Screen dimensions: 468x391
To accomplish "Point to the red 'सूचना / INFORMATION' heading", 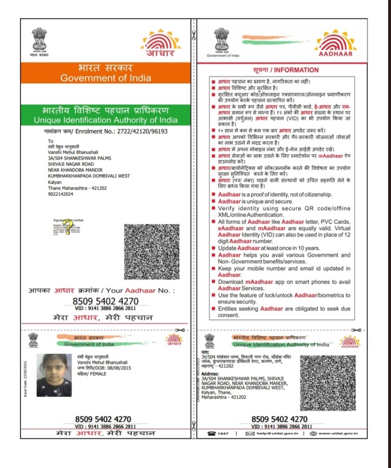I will pos(278,71).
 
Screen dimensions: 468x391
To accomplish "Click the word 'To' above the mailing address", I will pos(50,141).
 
